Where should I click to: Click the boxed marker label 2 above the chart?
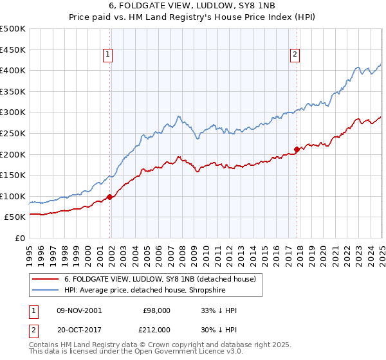point(295,55)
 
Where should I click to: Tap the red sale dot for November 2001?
point(110,197)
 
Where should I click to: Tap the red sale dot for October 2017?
point(297,149)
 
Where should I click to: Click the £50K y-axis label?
point(15,217)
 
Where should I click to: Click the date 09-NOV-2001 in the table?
point(78,310)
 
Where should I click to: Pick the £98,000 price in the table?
point(157,310)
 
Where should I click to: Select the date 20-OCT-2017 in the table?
point(78,330)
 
